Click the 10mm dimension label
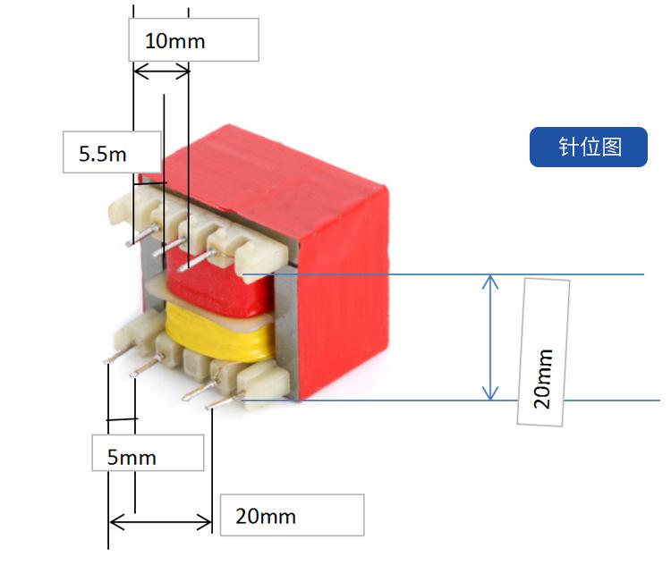coord(192,40)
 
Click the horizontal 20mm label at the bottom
coord(292,515)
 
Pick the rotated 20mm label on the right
coord(544,352)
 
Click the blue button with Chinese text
coord(589,147)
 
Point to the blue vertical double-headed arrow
coord(490,337)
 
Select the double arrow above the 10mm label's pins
coord(161,72)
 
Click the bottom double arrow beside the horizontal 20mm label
coord(160,521)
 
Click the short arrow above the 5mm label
coord(122,418)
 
